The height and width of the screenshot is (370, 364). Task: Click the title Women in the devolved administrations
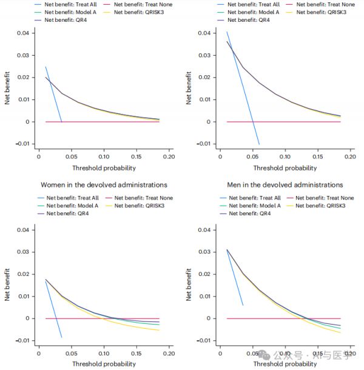(x=104, y=184)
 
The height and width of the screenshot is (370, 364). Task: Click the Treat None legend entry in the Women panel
(x=143, y=198)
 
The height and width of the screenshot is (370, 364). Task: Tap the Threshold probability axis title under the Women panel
(x=104, y=363)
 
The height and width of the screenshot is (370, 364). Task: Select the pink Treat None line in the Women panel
(x=121, y=318)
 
